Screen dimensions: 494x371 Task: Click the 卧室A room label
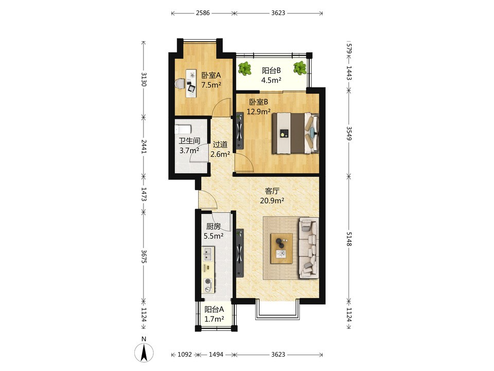(x=211, y=76)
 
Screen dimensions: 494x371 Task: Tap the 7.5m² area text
(x=211, y=85)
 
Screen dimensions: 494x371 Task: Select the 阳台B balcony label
(x=271, y=70)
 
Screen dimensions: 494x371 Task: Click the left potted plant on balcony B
(x=244, y=68)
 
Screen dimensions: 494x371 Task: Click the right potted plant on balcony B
(x=299, y=68)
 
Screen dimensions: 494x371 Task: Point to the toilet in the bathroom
(x=183, y=129)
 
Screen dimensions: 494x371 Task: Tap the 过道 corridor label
(x=220, y=145)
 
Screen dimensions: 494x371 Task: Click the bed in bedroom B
(x=295, y=133)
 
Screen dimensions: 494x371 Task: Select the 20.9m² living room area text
(x=272, y=200)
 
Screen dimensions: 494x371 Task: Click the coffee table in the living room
(x=281, y=249)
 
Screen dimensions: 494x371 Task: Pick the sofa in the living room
(x=308, y=248)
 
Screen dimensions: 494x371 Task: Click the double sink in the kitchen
(x=208, y=254)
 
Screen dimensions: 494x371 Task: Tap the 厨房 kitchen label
(x=213, y=227)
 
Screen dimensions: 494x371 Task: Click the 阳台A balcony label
(x=214, y=309)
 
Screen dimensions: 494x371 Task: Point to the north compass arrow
(x=144, y=353)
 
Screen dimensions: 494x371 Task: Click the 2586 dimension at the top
(x=203, y=13)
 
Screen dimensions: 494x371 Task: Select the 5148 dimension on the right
(x=349, y=239)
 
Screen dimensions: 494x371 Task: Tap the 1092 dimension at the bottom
(x=185, y=355)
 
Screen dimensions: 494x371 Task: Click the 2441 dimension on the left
(x=144, y=146)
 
